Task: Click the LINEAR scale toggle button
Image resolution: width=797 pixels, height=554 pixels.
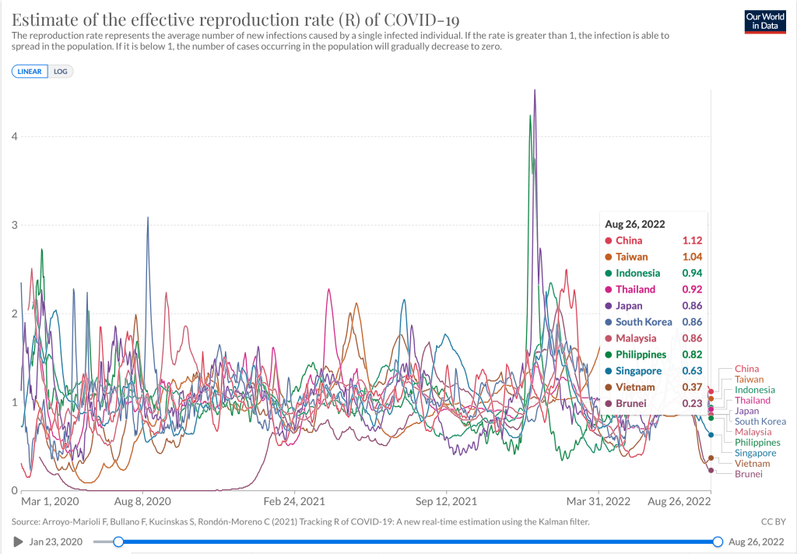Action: point(30,71)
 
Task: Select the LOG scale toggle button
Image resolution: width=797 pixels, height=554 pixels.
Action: point(61,71)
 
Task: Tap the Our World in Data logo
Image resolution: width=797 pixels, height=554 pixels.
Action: point(764,21)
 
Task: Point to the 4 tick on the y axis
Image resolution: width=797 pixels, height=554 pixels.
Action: point(13,136)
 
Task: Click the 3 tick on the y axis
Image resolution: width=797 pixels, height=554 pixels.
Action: point(13,225)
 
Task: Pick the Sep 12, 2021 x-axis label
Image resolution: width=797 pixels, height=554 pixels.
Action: point(447,501)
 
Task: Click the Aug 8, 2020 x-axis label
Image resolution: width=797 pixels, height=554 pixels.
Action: point(142,501)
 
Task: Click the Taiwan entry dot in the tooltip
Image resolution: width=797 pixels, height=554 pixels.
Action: point(608,257)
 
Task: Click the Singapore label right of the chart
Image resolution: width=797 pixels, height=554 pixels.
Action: point(755,453)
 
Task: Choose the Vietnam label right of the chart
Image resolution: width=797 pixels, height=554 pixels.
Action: point(753,464)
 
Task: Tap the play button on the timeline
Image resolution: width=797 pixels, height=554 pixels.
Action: point(18,542)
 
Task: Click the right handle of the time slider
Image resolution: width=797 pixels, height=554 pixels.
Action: point(718,542)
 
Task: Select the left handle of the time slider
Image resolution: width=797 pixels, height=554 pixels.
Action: point(118,542)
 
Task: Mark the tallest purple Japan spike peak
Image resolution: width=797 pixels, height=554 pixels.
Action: point(535,90)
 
